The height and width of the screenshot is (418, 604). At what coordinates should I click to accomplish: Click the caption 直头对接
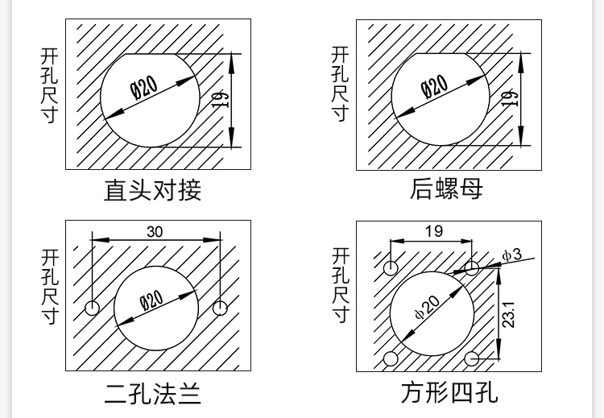[x=152, y=190]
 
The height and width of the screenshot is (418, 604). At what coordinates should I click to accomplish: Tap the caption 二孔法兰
[x=152, y=394]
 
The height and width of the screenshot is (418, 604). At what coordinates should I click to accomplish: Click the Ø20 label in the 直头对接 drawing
[x=145, y=87]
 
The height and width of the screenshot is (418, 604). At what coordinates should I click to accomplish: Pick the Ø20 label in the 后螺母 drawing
[x=435, y=87]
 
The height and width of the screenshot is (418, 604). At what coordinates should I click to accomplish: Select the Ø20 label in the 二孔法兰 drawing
[x=151, y=302]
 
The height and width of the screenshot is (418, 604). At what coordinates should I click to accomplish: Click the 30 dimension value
[x=155, y=232]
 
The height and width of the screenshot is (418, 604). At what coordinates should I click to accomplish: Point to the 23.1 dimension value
[x=509, y=313]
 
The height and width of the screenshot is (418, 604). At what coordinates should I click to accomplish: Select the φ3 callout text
[x=511, y=255]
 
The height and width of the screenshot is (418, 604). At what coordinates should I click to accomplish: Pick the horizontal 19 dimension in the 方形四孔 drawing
[x=433, y=231]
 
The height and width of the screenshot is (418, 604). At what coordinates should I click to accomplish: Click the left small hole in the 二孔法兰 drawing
[x=93, y=308]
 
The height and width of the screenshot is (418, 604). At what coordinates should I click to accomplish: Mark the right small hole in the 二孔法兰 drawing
[x=220, y=308]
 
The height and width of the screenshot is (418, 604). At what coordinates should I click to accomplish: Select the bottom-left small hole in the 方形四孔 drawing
[x=391, y=358]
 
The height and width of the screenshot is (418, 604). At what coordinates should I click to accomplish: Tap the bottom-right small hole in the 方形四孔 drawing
[x=472, y=358]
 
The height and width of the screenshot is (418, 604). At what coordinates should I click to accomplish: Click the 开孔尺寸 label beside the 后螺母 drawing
[x=341, y=84]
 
